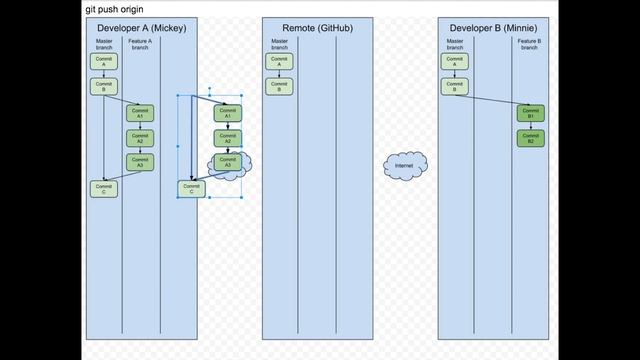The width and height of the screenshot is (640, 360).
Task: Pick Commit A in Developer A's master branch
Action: (x=103, y=61)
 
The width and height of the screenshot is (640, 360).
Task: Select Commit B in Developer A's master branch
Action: (x=103, y=86)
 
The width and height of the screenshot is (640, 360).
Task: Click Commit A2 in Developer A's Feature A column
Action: (x=140, y=138)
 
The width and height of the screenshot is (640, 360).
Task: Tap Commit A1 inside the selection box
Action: (x=227, y=113)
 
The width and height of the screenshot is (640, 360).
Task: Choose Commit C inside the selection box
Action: (x=192, y=188)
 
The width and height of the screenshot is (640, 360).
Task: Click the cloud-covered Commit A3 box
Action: (x=228, y=162)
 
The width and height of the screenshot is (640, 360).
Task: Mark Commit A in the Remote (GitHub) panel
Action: (x=279, y=61)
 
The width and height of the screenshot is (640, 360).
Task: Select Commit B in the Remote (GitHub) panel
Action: (x=279, y=86)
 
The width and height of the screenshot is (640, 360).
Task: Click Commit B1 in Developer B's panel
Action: (x=530, y=113)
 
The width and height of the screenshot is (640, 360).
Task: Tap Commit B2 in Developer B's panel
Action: (x=530, y=138)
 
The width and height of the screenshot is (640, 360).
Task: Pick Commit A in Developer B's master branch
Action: (x=455, y=61)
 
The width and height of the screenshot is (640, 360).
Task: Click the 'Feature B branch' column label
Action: (x=530, y=44)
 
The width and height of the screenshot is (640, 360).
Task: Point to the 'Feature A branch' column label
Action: (x=140, y=44)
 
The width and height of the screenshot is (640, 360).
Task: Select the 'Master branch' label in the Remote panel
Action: (x=279, y=44)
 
